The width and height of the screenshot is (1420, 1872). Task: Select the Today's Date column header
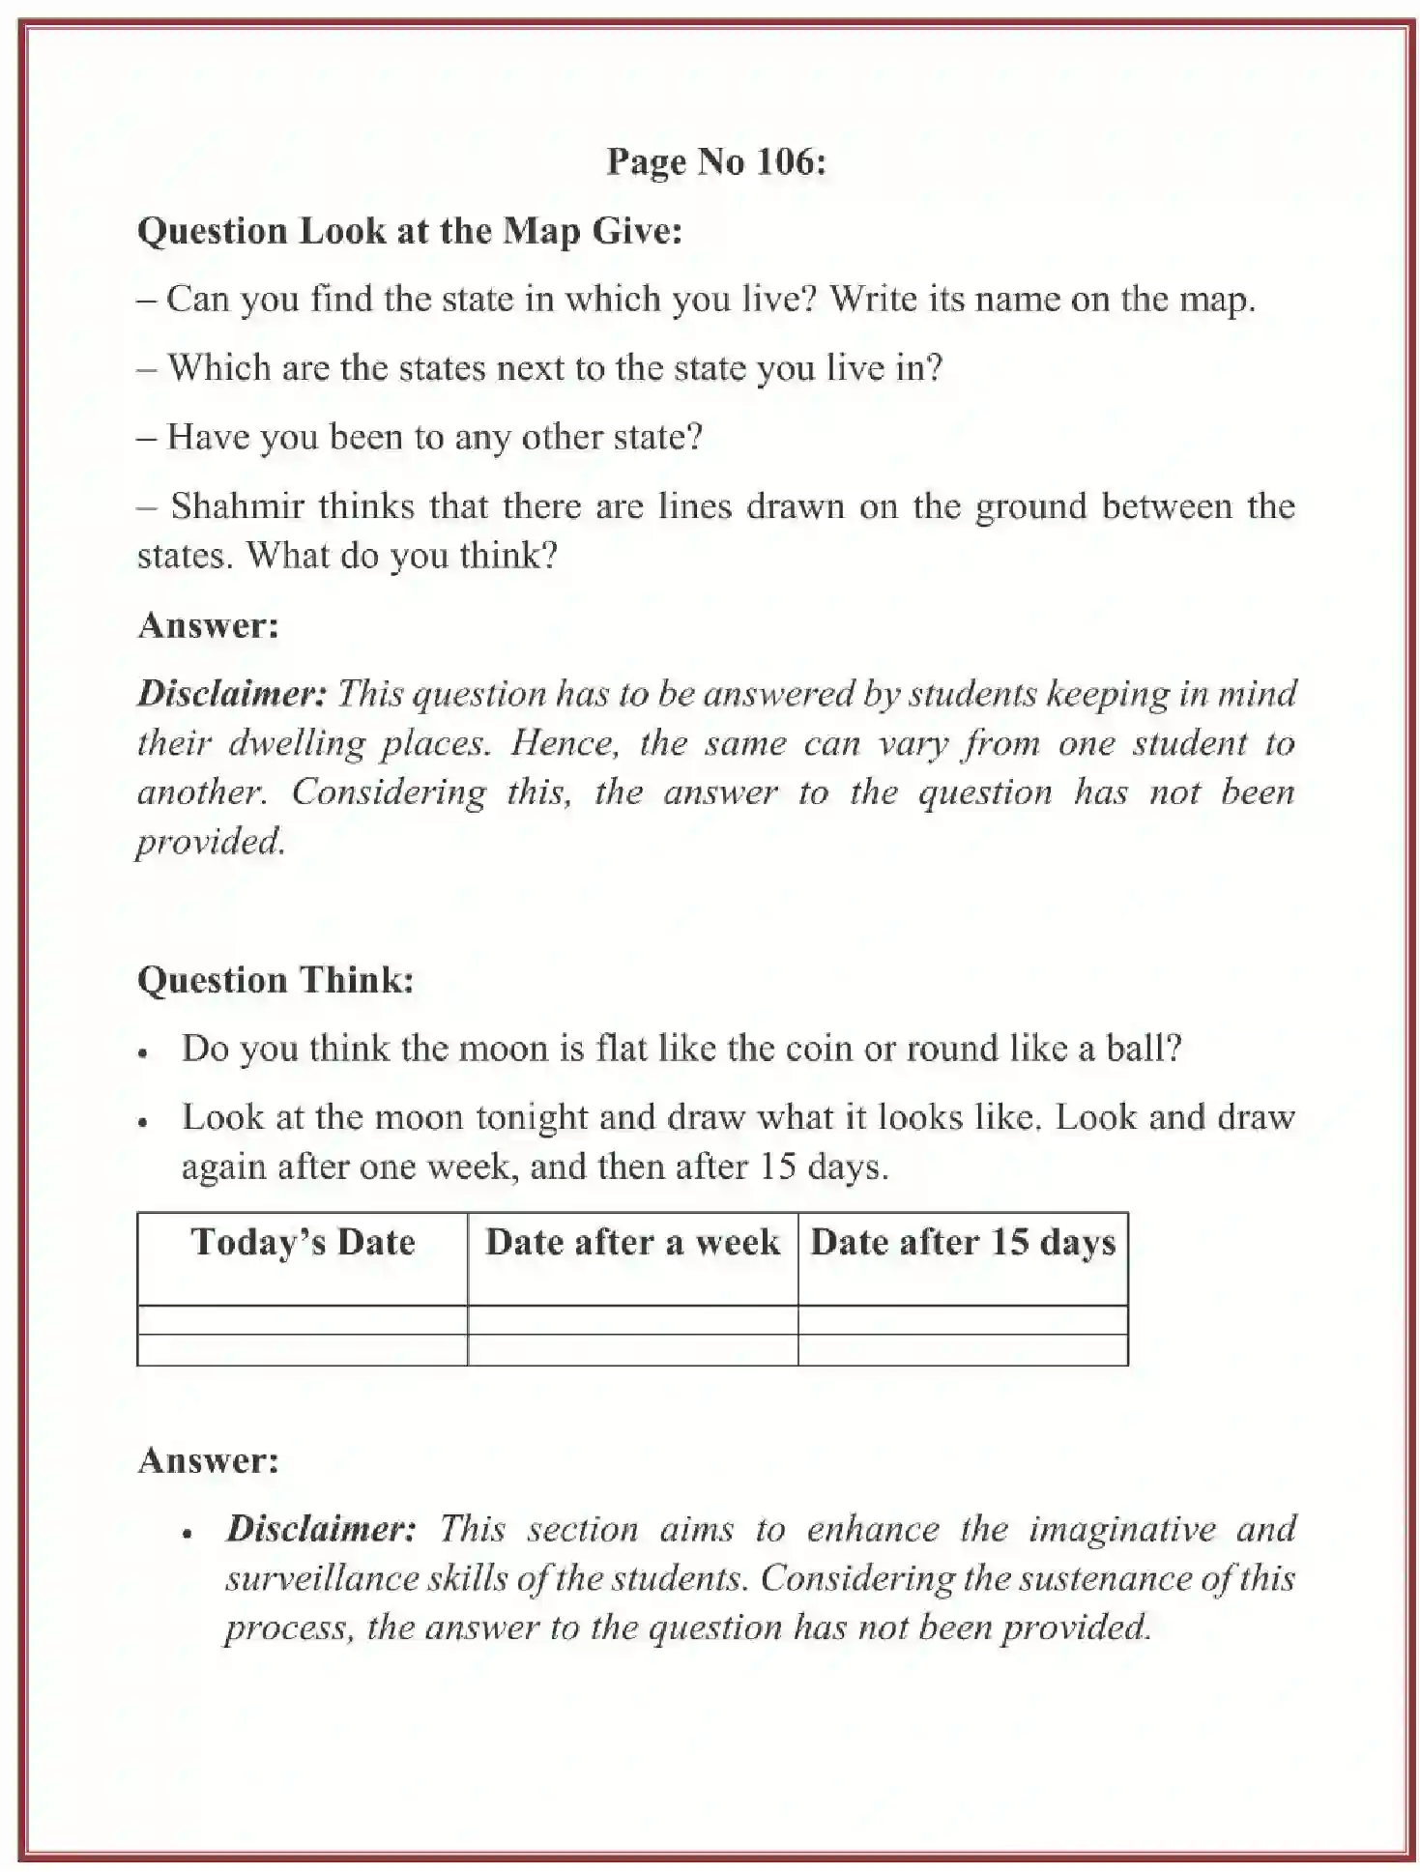[x=303, y=1242]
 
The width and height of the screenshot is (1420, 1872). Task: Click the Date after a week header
[x=632, y=1242]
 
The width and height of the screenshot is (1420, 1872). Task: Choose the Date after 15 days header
[x=963, y=1242]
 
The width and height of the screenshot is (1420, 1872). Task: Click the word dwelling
[x=296, y=743]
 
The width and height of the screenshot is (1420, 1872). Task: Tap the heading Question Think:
[x=275, y=980]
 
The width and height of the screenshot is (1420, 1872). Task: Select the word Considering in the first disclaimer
[x=389, y=792]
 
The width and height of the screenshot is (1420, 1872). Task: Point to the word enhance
[x=872, y=1529]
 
